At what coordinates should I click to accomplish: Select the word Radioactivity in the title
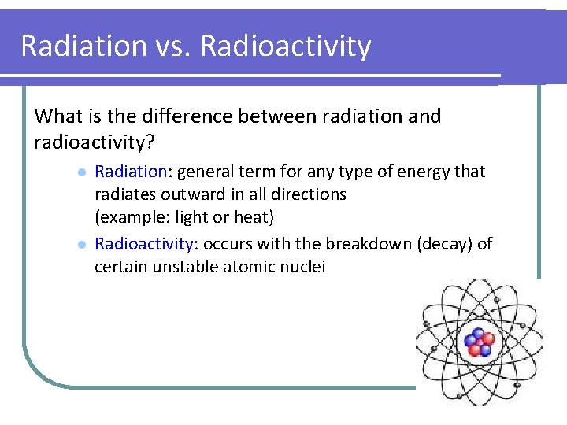pyautogui.click(x=285, y=46)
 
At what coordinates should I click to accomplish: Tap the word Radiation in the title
pyautogui.click(x=83, y=46)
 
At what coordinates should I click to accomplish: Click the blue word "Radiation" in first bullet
pyautogui.click(x=131, y=172)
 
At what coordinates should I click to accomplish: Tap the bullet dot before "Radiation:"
pyautogui.click(x=80, y=172)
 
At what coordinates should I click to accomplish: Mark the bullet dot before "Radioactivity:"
pyautogui.click(x=80, y=245)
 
